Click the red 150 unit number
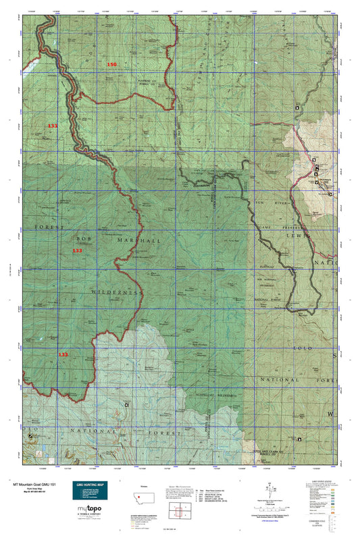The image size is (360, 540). click(x=112, y=64)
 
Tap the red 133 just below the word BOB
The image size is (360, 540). click(x=78, y=250)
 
